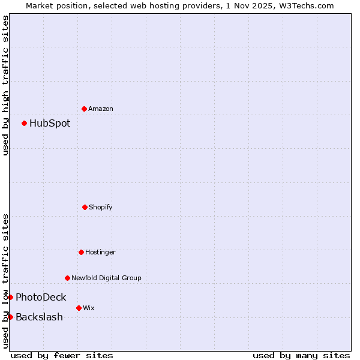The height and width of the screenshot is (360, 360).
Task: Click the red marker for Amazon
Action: pos(84,109)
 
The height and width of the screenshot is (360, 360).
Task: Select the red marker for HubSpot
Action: pos(24,123)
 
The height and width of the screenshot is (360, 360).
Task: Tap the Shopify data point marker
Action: pos(85,207)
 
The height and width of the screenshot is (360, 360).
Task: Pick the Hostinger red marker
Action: pos(81,252)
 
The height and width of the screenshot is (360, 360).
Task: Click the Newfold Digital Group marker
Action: pos(67,278)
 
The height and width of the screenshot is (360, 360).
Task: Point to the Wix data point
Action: pos(79,308)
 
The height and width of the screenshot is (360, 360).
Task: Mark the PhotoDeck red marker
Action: pos(10,297)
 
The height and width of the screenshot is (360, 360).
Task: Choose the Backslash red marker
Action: pos(10,317)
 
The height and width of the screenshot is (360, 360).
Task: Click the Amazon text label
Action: pos(101,109)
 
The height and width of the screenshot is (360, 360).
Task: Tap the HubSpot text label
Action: pos(50,123)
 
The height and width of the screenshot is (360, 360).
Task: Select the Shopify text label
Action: pos(101,207)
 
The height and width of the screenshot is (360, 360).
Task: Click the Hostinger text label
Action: pos(100,252)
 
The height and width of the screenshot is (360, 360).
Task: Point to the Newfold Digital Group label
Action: pos(106,278)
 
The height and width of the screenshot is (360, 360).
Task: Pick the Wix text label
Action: pos(89,308)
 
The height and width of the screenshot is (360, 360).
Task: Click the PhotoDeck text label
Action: pos(41,297)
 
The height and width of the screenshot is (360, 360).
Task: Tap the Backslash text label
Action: pos(39,317)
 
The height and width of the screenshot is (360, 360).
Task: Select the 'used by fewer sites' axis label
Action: pos(62,355)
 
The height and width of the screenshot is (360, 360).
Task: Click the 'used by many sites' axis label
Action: pos(301,355)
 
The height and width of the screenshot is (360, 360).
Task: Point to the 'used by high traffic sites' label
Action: pos(5,85)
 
